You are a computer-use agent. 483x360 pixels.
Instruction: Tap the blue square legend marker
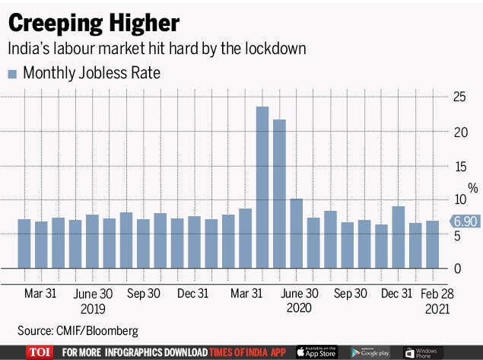[x=12, y=74]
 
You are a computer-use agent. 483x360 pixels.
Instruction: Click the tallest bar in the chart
[x=262, y=187]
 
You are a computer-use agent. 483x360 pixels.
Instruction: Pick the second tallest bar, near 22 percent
[x=279, y=194]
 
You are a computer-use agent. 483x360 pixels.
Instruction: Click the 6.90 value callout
[x=464, y=221]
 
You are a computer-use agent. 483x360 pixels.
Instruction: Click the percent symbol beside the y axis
[x=472, y=187]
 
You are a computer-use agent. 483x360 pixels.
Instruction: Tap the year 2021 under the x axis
[x=437, y=309]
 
